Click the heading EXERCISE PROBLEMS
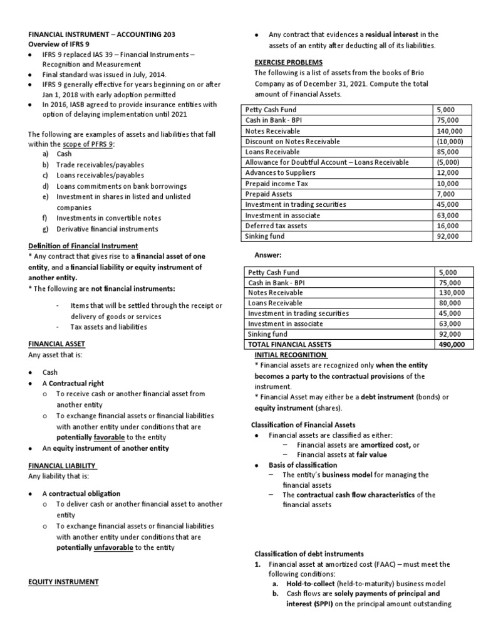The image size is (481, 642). pos(288,62)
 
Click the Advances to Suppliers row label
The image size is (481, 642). pos(280,173)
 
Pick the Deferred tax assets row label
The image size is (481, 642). pos(276,226)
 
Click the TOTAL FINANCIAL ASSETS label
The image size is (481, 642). pos(289,344)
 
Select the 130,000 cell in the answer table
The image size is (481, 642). pos(452,293)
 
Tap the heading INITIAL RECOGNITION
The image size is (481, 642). pos(287,354)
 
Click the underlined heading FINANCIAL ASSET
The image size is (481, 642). pos(56,344)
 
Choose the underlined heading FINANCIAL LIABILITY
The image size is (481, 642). pos(63,466)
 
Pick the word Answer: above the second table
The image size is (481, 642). pos(267,255)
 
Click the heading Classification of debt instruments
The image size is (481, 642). pos(308,554)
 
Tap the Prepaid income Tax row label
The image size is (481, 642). pos(276,184)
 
